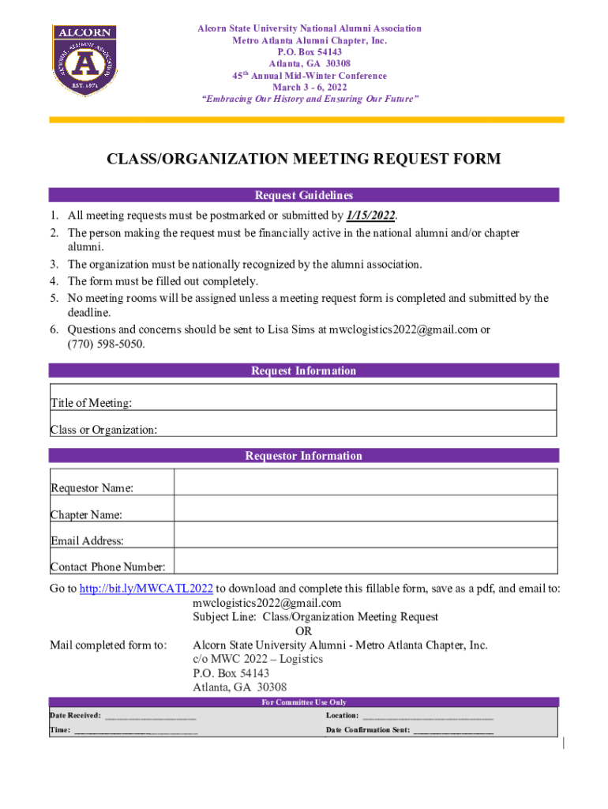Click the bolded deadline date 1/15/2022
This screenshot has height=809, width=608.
pos(370,216)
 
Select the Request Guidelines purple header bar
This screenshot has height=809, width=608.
pos(304,195)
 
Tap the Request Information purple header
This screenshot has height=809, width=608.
pos(304,371)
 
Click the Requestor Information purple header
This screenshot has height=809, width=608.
pos(304,456)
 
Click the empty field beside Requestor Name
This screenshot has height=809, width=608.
pos(366,482)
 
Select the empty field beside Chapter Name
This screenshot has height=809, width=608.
pos(366,509)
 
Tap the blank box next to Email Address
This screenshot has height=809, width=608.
pos(366,536)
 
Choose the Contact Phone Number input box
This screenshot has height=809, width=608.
pos(366,562)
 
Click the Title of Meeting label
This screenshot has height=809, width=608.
pos(91,404)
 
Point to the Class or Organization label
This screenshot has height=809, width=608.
pos(103,430)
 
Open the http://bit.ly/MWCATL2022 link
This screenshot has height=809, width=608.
pos(146,589)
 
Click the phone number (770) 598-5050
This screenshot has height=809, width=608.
pos(107,344)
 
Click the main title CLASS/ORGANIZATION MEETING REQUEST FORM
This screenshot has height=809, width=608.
pos(304,160)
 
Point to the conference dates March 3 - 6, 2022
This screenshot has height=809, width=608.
pos(309,88)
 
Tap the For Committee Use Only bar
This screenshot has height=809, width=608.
pos(304,702)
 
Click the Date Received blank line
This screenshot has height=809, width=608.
pos(150,717)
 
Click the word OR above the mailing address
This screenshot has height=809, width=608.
pos(303,631)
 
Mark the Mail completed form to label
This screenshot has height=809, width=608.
pos(108,645)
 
